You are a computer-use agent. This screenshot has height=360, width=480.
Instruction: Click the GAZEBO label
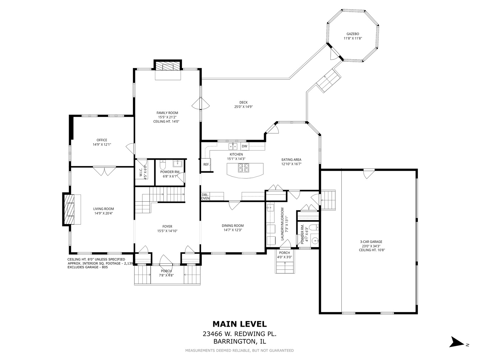tap(353, 34)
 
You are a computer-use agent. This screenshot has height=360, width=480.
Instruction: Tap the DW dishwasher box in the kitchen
tap(244, 146)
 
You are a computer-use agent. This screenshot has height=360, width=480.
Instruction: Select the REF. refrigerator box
tap(206, 164)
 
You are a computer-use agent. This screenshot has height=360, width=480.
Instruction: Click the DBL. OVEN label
tap(205, 196)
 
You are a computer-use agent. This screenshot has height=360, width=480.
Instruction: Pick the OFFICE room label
tap(102, 140)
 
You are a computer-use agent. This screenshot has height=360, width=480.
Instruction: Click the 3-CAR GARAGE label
tap(371, 242)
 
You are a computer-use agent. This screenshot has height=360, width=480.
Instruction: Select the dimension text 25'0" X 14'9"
tap(243, 107)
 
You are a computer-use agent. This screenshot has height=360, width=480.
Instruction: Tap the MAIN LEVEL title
tap(240, 324)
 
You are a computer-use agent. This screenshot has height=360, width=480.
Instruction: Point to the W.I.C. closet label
tap(141, 172)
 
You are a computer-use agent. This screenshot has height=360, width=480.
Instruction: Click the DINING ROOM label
tap(233, 226)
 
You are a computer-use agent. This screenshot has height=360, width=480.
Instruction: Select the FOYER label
tap(167, 226)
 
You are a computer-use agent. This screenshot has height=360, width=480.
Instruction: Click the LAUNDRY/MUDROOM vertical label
tap(282, 224)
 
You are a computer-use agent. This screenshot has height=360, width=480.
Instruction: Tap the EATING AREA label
tap(291, 160)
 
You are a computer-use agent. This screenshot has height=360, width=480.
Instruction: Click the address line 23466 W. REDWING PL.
tap(240, 334)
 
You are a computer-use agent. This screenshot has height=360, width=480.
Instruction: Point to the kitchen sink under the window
tap(233, 146)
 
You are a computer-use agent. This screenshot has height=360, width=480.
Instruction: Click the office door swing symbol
tap(130, 148)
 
